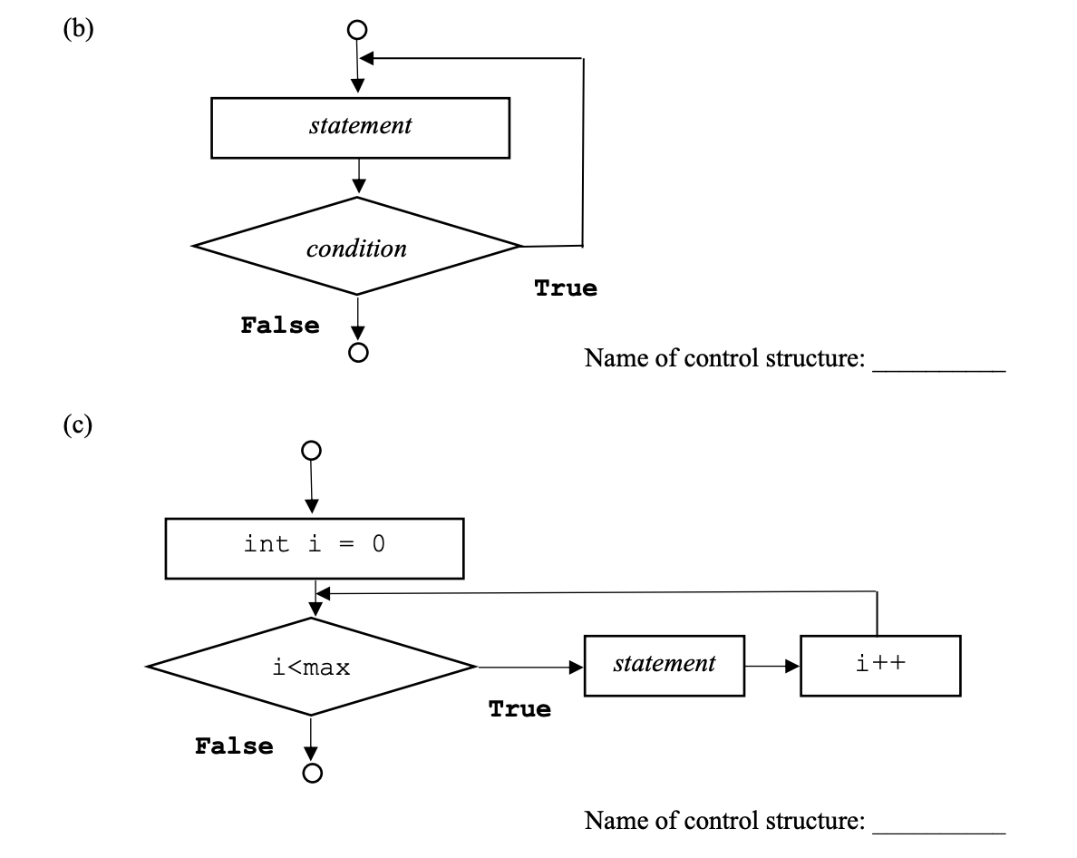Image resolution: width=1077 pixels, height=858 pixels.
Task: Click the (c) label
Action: point(78,426)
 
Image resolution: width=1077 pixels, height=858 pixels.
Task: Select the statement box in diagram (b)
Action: point(360,128)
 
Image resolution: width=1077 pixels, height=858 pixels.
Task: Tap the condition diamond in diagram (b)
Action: point(357,247)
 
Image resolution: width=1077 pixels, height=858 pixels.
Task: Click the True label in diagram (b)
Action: point(566,288)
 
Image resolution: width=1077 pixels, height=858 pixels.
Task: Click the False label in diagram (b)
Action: point(280,326)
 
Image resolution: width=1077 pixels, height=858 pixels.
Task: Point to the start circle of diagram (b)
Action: point(358,29)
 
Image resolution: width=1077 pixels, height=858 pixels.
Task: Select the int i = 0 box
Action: point(315,548)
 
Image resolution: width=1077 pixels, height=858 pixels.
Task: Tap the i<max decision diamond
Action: point(311,668)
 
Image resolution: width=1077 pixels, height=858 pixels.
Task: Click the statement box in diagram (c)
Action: point(665,666)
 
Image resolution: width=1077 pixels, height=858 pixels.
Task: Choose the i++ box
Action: point(880,666)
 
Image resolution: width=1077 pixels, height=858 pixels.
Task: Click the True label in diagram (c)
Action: point(519,709)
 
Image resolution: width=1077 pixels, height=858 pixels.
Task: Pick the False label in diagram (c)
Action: point(234,746)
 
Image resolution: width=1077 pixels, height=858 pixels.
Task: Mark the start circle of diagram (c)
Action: point(311,450)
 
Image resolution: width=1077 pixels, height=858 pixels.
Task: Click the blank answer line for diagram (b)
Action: point(938,367)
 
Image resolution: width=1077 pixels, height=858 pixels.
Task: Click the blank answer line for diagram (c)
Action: point(938,830)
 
